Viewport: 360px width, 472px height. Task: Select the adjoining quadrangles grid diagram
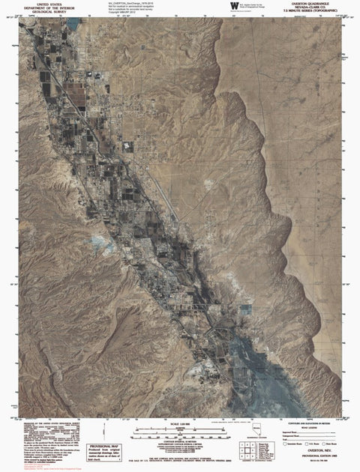click(243, 449)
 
